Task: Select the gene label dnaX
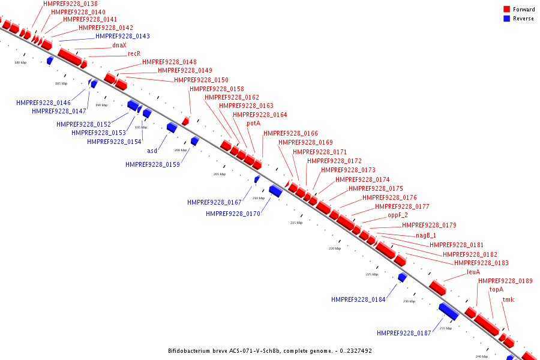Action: click(119, 45)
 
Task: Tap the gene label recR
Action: click(134, 53)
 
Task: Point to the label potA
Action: click(254, 123)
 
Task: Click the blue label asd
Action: click(152, 151)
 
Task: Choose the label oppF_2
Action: click(398, 215)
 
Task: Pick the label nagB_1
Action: click(426, 235)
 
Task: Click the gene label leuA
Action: click(473, 272)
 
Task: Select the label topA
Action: click(496, 289)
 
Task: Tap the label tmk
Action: click(508, 299)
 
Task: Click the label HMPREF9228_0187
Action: click(404, 333)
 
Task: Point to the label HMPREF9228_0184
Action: click(358, 299)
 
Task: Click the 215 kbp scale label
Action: click(296, 223)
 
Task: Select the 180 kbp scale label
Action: click(20, 62)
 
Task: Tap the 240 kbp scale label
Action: click(482, 356)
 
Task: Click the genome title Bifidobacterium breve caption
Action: click(269, 350)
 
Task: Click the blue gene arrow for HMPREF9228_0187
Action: click(449, 311)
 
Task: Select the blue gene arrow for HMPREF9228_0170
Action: click(275, 191)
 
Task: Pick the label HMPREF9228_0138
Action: click(70, 4)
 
